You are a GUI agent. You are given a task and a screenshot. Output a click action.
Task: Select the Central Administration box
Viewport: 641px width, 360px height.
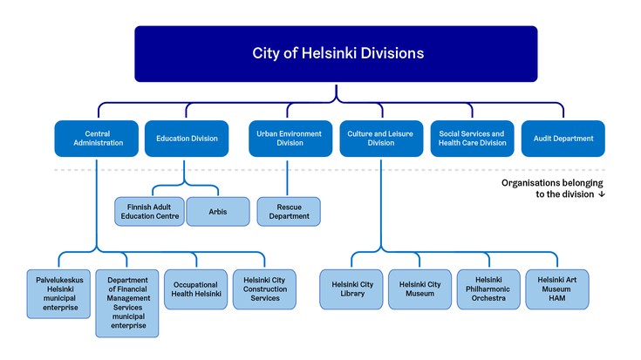point(97,139)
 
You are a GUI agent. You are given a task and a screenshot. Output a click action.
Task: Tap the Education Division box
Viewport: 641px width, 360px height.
point(187,139)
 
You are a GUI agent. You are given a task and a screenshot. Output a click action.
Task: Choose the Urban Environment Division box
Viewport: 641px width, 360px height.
point(289,139)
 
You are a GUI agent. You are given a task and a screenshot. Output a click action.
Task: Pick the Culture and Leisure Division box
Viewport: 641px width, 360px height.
point(380,139)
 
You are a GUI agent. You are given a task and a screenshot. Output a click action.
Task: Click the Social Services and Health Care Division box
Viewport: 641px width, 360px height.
point(472,139)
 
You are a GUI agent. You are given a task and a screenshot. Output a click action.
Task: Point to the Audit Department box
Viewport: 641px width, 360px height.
point(563,139)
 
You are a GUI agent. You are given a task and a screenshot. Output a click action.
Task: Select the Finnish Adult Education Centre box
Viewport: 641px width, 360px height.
point(149,212)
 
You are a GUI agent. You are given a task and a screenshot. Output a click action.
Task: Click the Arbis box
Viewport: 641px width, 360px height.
point(218,212)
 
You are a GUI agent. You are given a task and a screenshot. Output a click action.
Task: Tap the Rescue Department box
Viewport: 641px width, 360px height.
point(289,212)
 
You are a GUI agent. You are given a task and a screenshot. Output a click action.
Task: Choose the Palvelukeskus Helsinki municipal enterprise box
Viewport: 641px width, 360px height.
point(58,290)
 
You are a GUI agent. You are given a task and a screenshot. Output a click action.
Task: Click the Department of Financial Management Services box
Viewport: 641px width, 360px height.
point(127,302)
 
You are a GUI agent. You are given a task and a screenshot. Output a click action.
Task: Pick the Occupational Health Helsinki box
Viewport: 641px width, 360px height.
point(196,290)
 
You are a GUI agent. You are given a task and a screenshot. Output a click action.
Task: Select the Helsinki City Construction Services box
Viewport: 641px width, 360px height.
point(265,290)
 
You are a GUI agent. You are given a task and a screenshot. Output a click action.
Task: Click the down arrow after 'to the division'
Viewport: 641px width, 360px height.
point(602,195)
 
